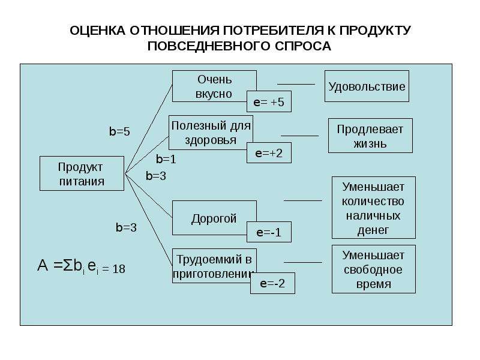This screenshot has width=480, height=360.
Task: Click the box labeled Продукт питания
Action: click(x=82, y=173)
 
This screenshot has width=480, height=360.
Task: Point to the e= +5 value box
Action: click(x=269, y=101)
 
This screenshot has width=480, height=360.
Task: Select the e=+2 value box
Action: click(x=269, y=153)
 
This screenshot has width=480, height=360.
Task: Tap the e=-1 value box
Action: click(x=269, y=232)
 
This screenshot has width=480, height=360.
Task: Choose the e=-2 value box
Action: click(x=273, y=283)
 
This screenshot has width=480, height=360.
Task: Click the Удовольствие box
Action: click(x=367, y=86)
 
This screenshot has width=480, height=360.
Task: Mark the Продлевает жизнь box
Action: click(x=370, y=136)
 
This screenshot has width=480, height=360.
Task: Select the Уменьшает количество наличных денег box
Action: click(x=374, y=208)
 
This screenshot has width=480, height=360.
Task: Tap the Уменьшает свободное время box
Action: click(x=374, y=269)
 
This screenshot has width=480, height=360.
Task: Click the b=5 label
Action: click(x=119, y=131)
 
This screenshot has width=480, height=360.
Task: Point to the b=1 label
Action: click(x=166, y=159)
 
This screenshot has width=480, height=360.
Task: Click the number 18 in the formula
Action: click(x=119, y=269)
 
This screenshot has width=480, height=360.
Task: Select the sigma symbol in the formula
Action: click(x=68, y=265)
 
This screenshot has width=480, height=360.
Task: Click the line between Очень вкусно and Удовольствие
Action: click(x=296, y=84)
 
